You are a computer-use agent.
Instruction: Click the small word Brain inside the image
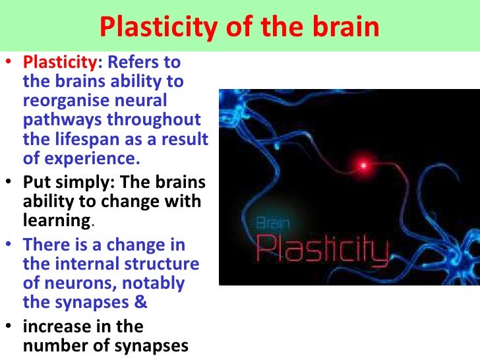point(272,224)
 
